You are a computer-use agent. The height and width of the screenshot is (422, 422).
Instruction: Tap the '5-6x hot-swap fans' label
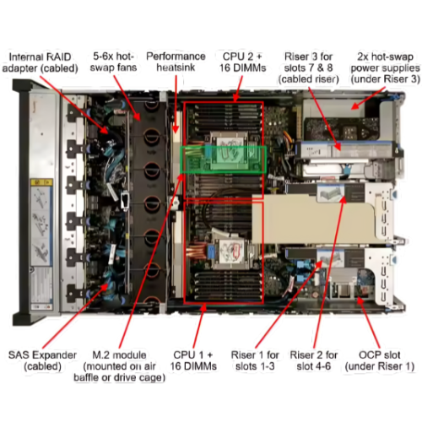(x=115, y=62)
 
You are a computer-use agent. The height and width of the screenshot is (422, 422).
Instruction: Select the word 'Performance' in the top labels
(x=175, y=57)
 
